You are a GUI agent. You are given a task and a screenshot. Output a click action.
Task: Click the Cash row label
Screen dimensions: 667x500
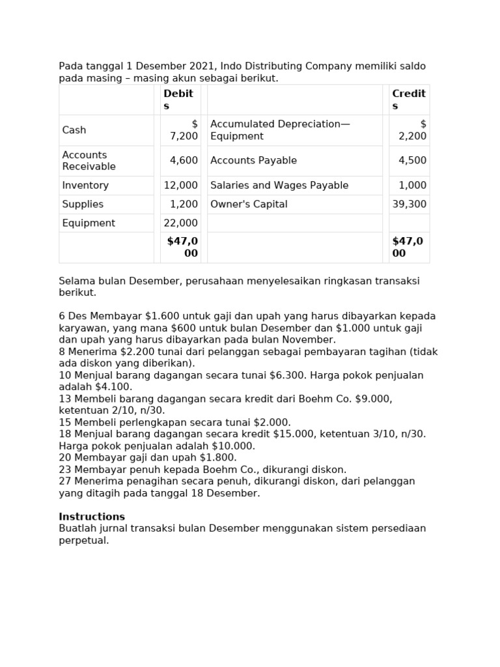(x=74, y=130)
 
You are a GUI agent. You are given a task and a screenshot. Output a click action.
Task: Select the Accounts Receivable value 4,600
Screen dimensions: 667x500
(x=184, y=161)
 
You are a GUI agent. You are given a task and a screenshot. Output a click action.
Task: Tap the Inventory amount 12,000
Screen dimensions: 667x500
(x=180, y=186)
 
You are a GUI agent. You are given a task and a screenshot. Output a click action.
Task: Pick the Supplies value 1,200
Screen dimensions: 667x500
(x=184, y=205)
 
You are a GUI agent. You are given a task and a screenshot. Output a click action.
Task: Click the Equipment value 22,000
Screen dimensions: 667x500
(x=180, y=223)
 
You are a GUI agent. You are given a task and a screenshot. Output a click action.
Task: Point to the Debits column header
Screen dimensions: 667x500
(x=178, y=100)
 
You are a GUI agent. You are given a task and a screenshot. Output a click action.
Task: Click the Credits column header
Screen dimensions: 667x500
(x=408, y=100)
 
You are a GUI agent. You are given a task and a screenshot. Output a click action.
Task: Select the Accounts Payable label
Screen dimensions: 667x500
(x=253, y=161)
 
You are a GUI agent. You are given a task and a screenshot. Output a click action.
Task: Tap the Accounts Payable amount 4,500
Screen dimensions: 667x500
(x=412, y=161)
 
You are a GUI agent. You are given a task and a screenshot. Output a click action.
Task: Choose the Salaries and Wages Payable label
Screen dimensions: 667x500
(x=279, y=186)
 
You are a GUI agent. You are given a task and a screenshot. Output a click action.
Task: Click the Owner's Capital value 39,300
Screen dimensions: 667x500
(x=410, y=205)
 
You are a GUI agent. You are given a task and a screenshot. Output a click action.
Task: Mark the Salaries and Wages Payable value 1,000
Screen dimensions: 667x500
(x=412, y=186)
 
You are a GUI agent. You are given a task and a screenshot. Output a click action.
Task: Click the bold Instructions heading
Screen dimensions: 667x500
(x=92, y=517)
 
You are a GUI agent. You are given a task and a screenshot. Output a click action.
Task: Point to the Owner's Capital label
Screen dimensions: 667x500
(x=249, y=205)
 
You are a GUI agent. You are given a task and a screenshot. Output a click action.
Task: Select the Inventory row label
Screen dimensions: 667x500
(x=85, y=186)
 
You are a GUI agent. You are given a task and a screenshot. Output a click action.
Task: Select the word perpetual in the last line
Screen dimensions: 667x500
(x=83, y=540)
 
